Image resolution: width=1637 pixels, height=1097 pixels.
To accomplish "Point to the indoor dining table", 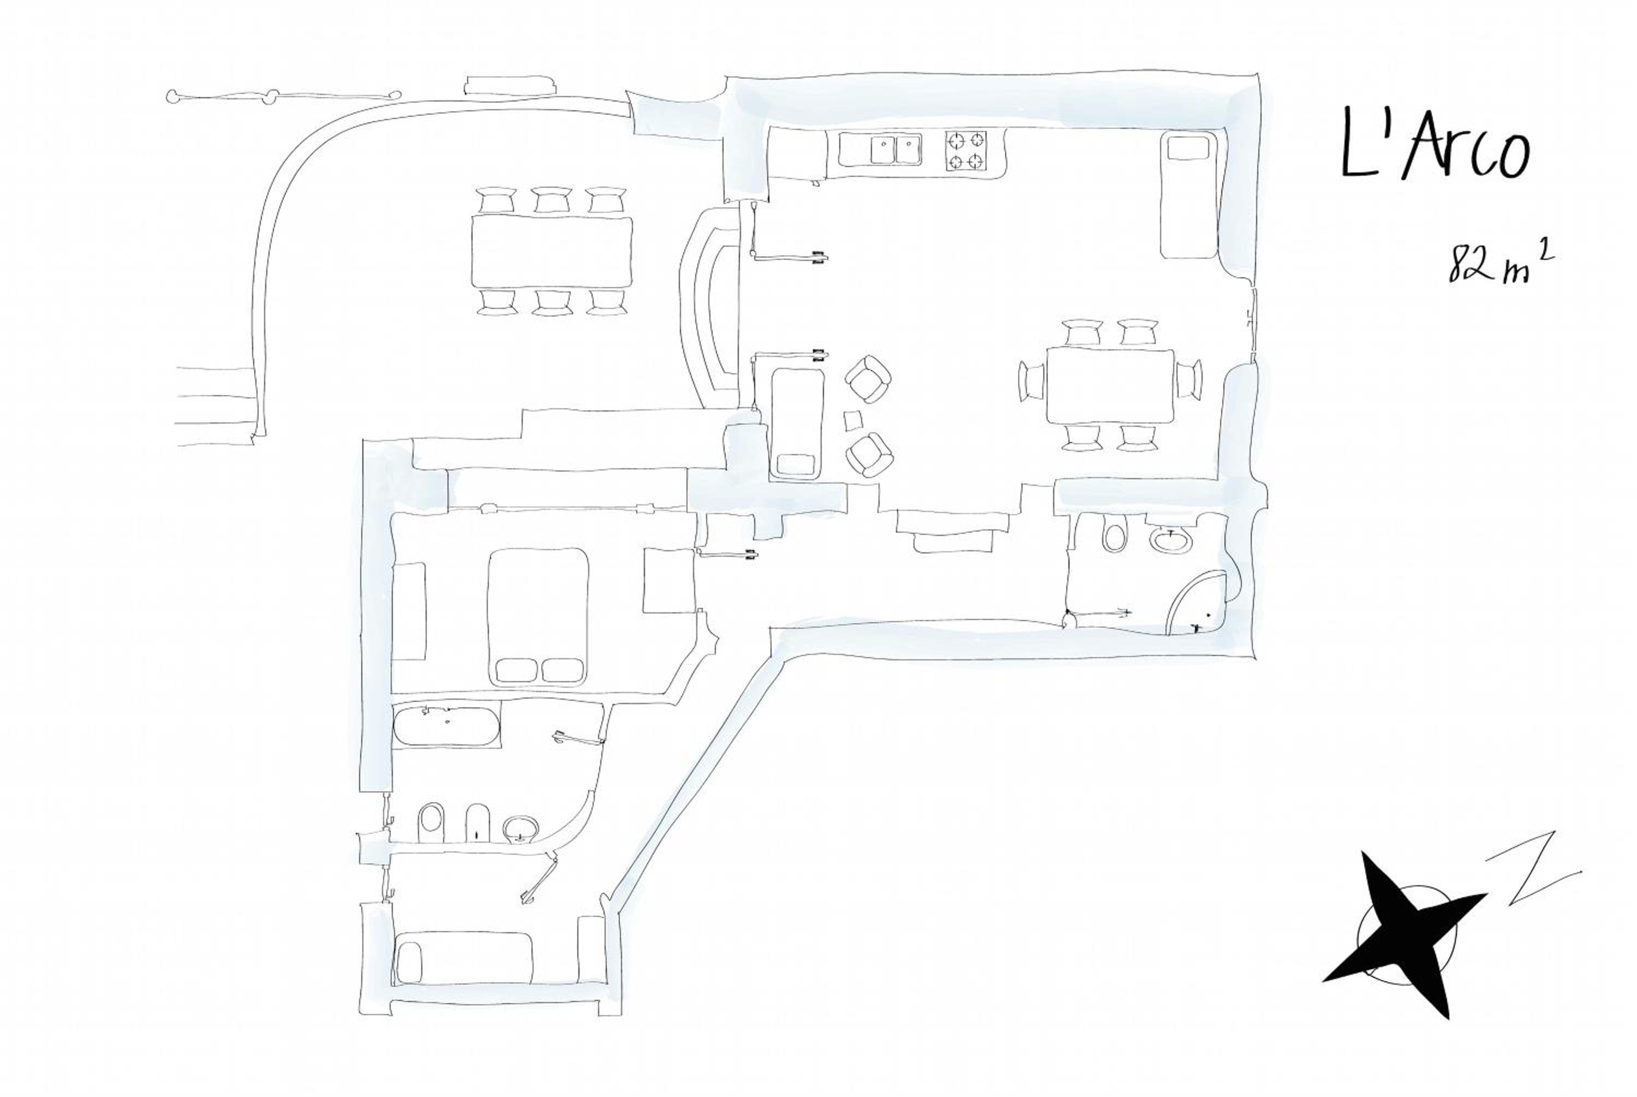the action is pyautogui.click(x=1110, y=386).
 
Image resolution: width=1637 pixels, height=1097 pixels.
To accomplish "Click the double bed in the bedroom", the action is pyautogui.click(x=537, y=616).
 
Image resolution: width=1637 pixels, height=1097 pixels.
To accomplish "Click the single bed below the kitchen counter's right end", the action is pyautogui.click(x=1187, y=195).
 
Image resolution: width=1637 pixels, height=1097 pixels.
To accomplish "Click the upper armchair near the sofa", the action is pyautogui.click(x=868, y=379).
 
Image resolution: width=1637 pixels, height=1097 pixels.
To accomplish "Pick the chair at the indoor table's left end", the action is pyautogui.click(x=1032, y=380).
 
